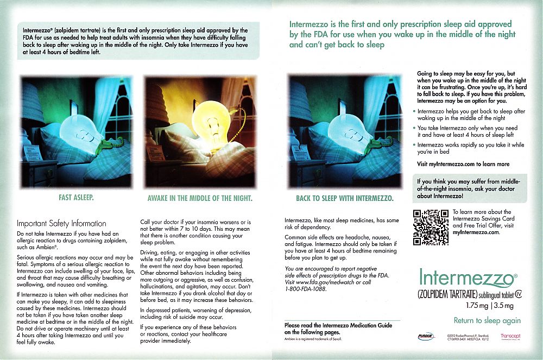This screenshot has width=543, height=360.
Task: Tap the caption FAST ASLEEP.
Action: (76, 198)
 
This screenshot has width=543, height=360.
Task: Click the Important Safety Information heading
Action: (61, 223)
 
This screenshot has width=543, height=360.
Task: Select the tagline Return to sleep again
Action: (487, 320)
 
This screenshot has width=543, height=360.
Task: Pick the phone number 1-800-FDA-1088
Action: (306, 289)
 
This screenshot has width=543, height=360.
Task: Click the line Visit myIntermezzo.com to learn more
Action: (463, 164)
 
